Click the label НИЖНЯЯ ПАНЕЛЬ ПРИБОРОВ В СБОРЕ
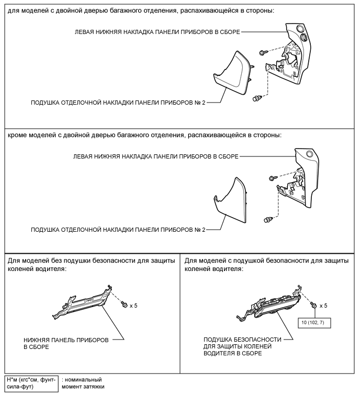[x=66, y=343]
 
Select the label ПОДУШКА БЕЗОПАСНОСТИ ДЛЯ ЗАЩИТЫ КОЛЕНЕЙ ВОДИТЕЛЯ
[x=242, y=346]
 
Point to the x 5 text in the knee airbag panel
[x=324, y=305]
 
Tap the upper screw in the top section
[x=263, y=52]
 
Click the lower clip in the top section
[x=256, y=98]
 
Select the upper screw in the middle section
[x=272, y=178]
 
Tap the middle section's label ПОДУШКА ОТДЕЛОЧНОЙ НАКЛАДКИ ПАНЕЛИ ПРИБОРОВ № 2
[x=117, y=229]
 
